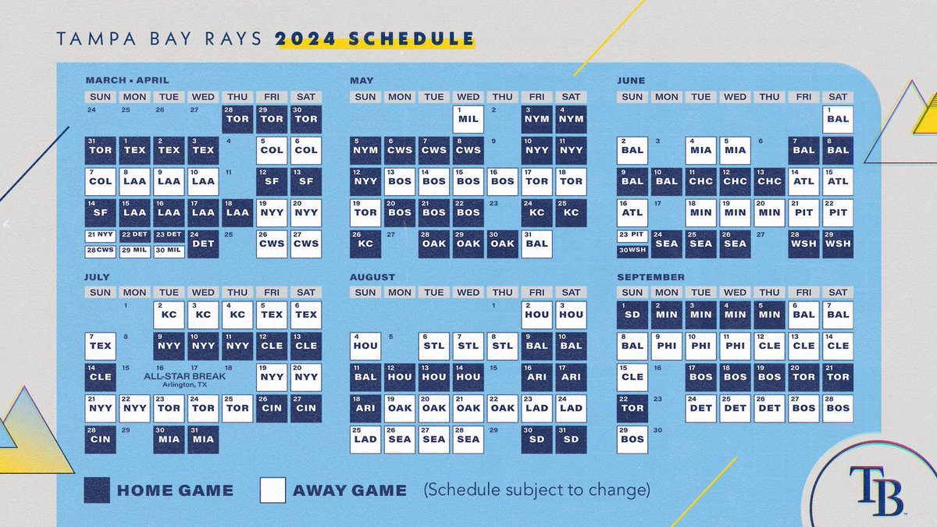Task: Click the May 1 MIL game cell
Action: point(468,119)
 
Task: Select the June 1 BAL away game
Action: point(838,119)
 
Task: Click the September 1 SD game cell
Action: point(632,315)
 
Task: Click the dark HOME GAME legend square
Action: point(97,490)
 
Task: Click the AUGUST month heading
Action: point(372,277)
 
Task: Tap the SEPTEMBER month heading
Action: point(650,277)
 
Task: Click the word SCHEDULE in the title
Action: point(414,38)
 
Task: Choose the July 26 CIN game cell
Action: point(272,408)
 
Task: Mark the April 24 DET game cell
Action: point(203,244)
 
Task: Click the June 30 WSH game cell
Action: point(632,251)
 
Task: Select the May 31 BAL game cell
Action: point(536,244)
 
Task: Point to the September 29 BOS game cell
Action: point(632,439)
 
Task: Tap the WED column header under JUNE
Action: point(735,97)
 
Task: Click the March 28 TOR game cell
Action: point(237,119)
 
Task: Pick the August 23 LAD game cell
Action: point(536,408)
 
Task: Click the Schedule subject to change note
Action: point(536,491)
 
